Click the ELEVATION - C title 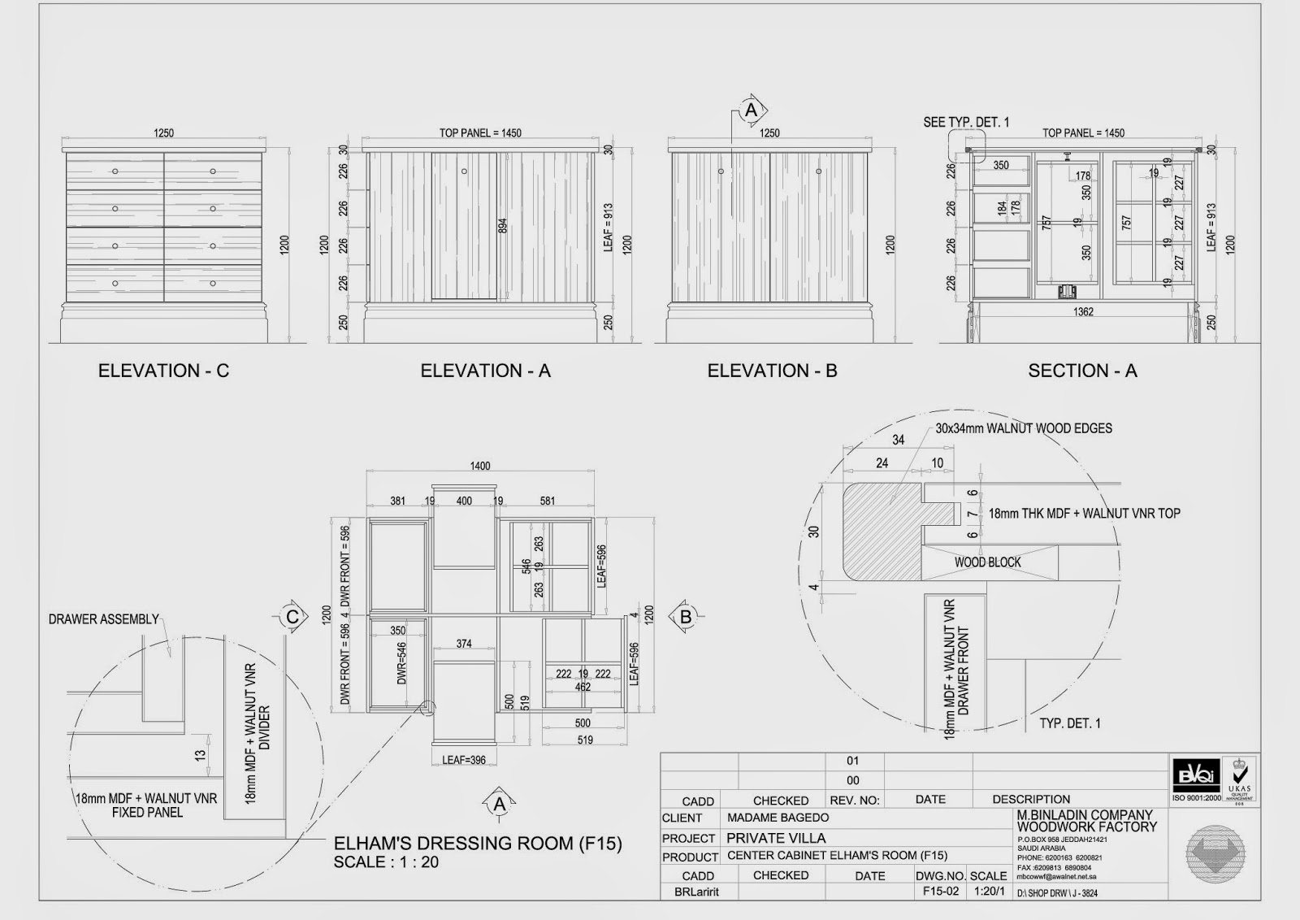tap(163, 371)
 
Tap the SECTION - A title tap(1082, 371)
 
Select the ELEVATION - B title tap(772, 371)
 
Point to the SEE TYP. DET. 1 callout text tap(966, 123)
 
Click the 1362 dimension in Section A tap(1083, 312)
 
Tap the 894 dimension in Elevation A tap(502, 226)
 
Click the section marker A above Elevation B tap(752, 110)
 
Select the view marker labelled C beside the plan tap(292, 617)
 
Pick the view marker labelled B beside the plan tap(685, 617)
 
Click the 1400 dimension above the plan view tap(480, 466)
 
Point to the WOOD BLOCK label tap(987, 562)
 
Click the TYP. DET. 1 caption tap(1070, 723)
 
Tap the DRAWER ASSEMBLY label tap(104, 619)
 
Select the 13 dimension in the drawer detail tap(201, 755)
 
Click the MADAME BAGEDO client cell tap(778, 818)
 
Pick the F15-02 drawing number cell tap(941, 891)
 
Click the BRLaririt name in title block tap(696, 892)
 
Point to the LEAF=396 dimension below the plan tap(464, 760)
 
